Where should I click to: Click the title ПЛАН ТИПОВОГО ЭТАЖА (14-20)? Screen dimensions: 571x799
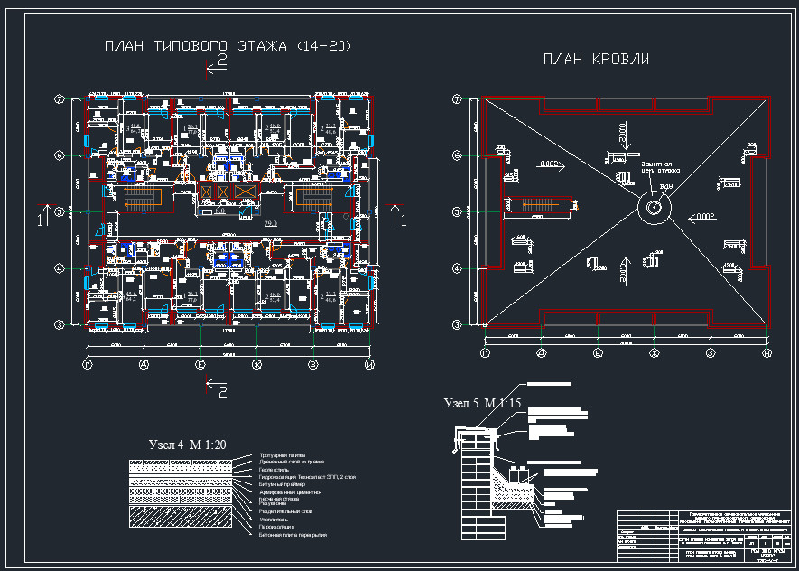pos(227,45)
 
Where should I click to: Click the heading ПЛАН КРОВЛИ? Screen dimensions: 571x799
pos(596,60)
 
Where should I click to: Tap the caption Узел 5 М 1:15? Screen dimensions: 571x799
pos(483,402)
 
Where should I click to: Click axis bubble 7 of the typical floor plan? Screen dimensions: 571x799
pos(60,99)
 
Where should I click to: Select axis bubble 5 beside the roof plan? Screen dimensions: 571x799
pos(457,212)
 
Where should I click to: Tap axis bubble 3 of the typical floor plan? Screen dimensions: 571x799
pos(60,323)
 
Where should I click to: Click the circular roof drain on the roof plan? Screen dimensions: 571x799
pos(655,208)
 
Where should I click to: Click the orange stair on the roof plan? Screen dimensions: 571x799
pos(537,203)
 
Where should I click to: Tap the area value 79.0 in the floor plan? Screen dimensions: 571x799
pos(269,222)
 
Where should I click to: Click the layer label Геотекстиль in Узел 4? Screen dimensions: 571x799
pos(275,470)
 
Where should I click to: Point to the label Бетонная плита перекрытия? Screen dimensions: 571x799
pos(293,535)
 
